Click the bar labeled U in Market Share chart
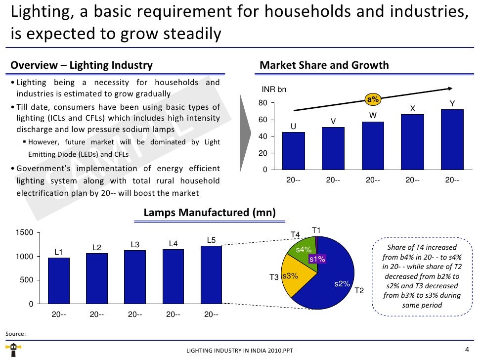(x=293, y=151)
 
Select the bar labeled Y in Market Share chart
(x=452, y=139)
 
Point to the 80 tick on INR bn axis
(x=262, y=103)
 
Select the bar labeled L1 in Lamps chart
(x=58, y=280)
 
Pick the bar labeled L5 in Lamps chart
(x=211, y=274)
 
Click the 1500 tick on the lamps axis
(x=25, y=233)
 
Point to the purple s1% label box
(x=317, y=259)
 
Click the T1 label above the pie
(x=316, y=230)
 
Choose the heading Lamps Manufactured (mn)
(x=210, y=213)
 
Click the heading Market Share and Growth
(x=324, y=65)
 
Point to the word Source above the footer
(x=15, y=334)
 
